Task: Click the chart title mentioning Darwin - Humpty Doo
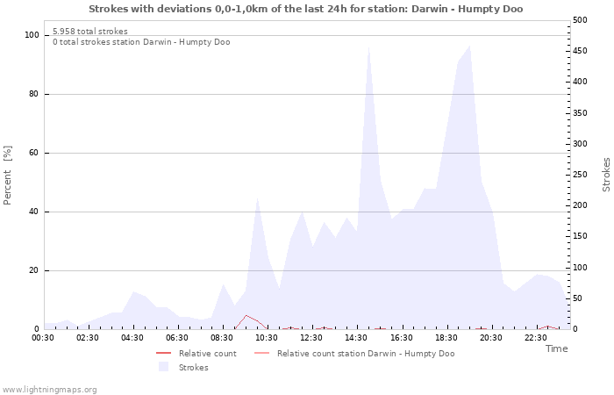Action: coord(306,9)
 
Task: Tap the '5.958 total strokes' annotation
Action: coord(90,32)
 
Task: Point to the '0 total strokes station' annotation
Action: coord(141,42)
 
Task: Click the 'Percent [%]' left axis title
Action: coord(8,176)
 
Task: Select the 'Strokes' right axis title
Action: coord(606,175)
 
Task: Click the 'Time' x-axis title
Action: coord(556,348)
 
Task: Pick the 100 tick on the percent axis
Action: coord(32,35)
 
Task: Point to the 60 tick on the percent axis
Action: coord(34,153)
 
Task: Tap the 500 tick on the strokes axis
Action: coord(580,20)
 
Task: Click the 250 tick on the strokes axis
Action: coord(580,175)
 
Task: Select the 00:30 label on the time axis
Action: coord(43,337)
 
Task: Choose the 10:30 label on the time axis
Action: coord(267,337)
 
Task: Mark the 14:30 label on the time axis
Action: coord(356,337)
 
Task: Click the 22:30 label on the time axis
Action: coord(535,337)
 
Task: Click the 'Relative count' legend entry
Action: coord(207,354)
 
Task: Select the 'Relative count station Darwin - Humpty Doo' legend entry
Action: coord(365,354)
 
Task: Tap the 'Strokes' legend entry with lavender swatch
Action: coord(193,368)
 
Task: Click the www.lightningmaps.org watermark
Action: coord(50,389)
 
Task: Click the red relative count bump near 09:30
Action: coord(246,316)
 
